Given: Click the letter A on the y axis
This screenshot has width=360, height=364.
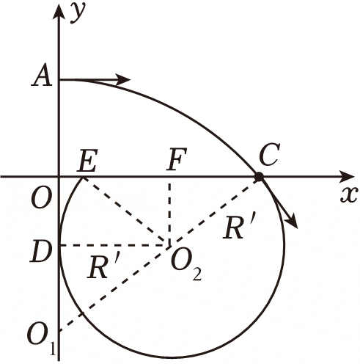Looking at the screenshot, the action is [x=42, y=75].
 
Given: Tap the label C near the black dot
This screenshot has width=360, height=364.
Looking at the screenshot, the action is [x=269, y=154].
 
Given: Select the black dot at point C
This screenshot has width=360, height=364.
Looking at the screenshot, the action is [x=259, y=176].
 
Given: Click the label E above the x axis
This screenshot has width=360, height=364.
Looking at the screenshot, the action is [x=87, y=159].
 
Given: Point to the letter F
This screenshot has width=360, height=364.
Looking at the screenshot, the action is [x=177, y=159].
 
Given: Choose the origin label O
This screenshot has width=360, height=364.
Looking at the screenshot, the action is [x=42, y=198].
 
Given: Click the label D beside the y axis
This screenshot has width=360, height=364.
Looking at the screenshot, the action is [x=41, y=251].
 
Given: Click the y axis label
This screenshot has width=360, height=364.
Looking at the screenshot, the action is [x=78, y=12].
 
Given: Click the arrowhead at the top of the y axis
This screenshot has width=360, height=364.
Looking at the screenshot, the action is [x=59, y=11].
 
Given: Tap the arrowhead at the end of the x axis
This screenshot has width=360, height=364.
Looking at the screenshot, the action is [x=347, y=176].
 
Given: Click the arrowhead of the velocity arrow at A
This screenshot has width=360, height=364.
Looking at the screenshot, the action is [x=123, y=79].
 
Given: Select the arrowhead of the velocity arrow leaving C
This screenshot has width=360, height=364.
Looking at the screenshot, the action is [x=292, y=222].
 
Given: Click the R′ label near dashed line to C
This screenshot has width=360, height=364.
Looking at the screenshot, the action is [x=240, y=227].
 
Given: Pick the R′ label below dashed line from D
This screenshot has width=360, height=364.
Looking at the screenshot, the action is [x=103, y=267].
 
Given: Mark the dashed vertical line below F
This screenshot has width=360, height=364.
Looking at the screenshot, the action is [x=169, y=212].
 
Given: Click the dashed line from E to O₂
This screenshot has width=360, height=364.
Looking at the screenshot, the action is [x=125, y=211].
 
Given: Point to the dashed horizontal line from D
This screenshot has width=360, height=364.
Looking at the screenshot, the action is [x=114, y=245].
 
